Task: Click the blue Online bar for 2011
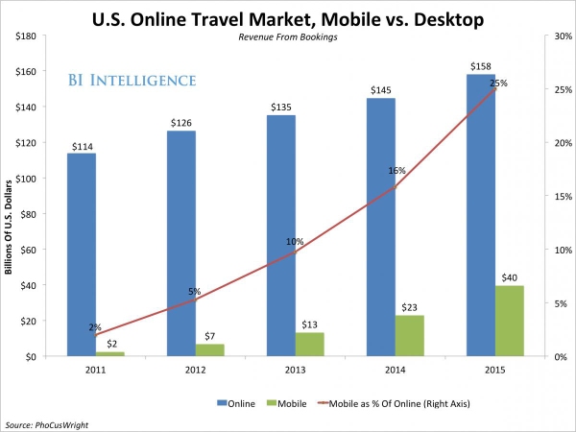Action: click(x=82, y=254)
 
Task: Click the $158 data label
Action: click(x=481, y=67)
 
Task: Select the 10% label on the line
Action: click(x=294, y=242)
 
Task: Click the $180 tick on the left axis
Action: click(x=25, y=36)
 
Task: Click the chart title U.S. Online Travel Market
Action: click(x=287, y=16)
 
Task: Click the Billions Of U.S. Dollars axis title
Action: click(x=9, y=227)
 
